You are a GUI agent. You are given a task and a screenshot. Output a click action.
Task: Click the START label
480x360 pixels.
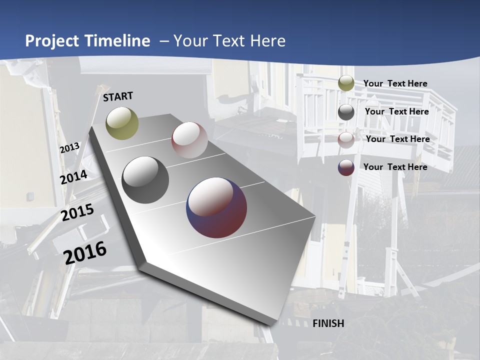118,96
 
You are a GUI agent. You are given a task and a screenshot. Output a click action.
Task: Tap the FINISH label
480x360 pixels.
328,323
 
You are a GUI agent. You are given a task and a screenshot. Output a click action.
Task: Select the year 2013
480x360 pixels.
70,148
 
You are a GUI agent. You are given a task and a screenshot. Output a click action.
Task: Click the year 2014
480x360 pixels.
74,177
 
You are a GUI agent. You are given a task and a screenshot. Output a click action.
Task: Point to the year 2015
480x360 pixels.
77,212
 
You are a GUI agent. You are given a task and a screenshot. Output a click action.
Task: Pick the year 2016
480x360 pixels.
85,252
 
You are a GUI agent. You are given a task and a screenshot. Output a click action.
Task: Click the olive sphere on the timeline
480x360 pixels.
122,123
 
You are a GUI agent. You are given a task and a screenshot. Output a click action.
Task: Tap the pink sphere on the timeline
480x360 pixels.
189,140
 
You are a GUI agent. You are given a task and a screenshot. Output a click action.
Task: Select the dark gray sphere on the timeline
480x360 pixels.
145,180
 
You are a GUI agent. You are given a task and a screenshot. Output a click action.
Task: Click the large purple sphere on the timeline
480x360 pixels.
216,207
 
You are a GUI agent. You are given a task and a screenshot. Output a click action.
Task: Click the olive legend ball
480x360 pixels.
346,83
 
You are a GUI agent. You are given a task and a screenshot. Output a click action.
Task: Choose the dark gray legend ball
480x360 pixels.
346,111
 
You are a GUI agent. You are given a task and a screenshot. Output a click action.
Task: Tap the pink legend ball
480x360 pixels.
346,139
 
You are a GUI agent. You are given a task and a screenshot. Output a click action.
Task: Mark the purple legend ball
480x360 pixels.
346,167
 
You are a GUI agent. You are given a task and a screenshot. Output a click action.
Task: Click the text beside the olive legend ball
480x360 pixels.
395,83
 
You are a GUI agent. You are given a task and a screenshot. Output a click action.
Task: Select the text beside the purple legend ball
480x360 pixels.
395,167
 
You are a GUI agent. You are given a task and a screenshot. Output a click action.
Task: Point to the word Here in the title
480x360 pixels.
267,41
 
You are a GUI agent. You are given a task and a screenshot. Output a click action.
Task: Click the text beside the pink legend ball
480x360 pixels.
397,139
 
